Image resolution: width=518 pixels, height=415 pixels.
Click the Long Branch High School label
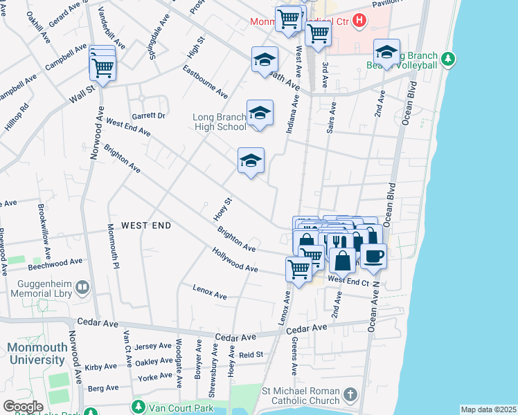pyautogui.click(x=219, y=122)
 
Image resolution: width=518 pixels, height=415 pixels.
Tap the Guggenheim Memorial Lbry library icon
pyautogui.click(x=83, y=286)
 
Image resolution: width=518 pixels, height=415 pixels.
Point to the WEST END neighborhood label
pyautogui.click(x=146, y=225)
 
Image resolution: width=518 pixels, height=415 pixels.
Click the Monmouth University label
pyautogui.click(x=35, y=353)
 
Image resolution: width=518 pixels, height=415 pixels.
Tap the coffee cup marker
pyautogui.click(x=374, y=255)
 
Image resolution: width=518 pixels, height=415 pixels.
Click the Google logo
pyautogui.click(x=23, y=407)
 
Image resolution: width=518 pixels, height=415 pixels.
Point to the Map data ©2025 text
pyautogui.click(x=488, y=409)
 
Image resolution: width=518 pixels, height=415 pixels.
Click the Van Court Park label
pyautogui.click(x=184, y=408)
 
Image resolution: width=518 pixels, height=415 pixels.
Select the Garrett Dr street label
pyautogui.click(x=149, y=116)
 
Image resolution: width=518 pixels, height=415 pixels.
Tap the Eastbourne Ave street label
pyautogui.click(x=206, y=82)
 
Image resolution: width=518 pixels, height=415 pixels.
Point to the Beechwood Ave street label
pyautogui.click(x=55, y=264)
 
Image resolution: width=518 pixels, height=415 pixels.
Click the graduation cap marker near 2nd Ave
pyautogui.click(x=386, y=52)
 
